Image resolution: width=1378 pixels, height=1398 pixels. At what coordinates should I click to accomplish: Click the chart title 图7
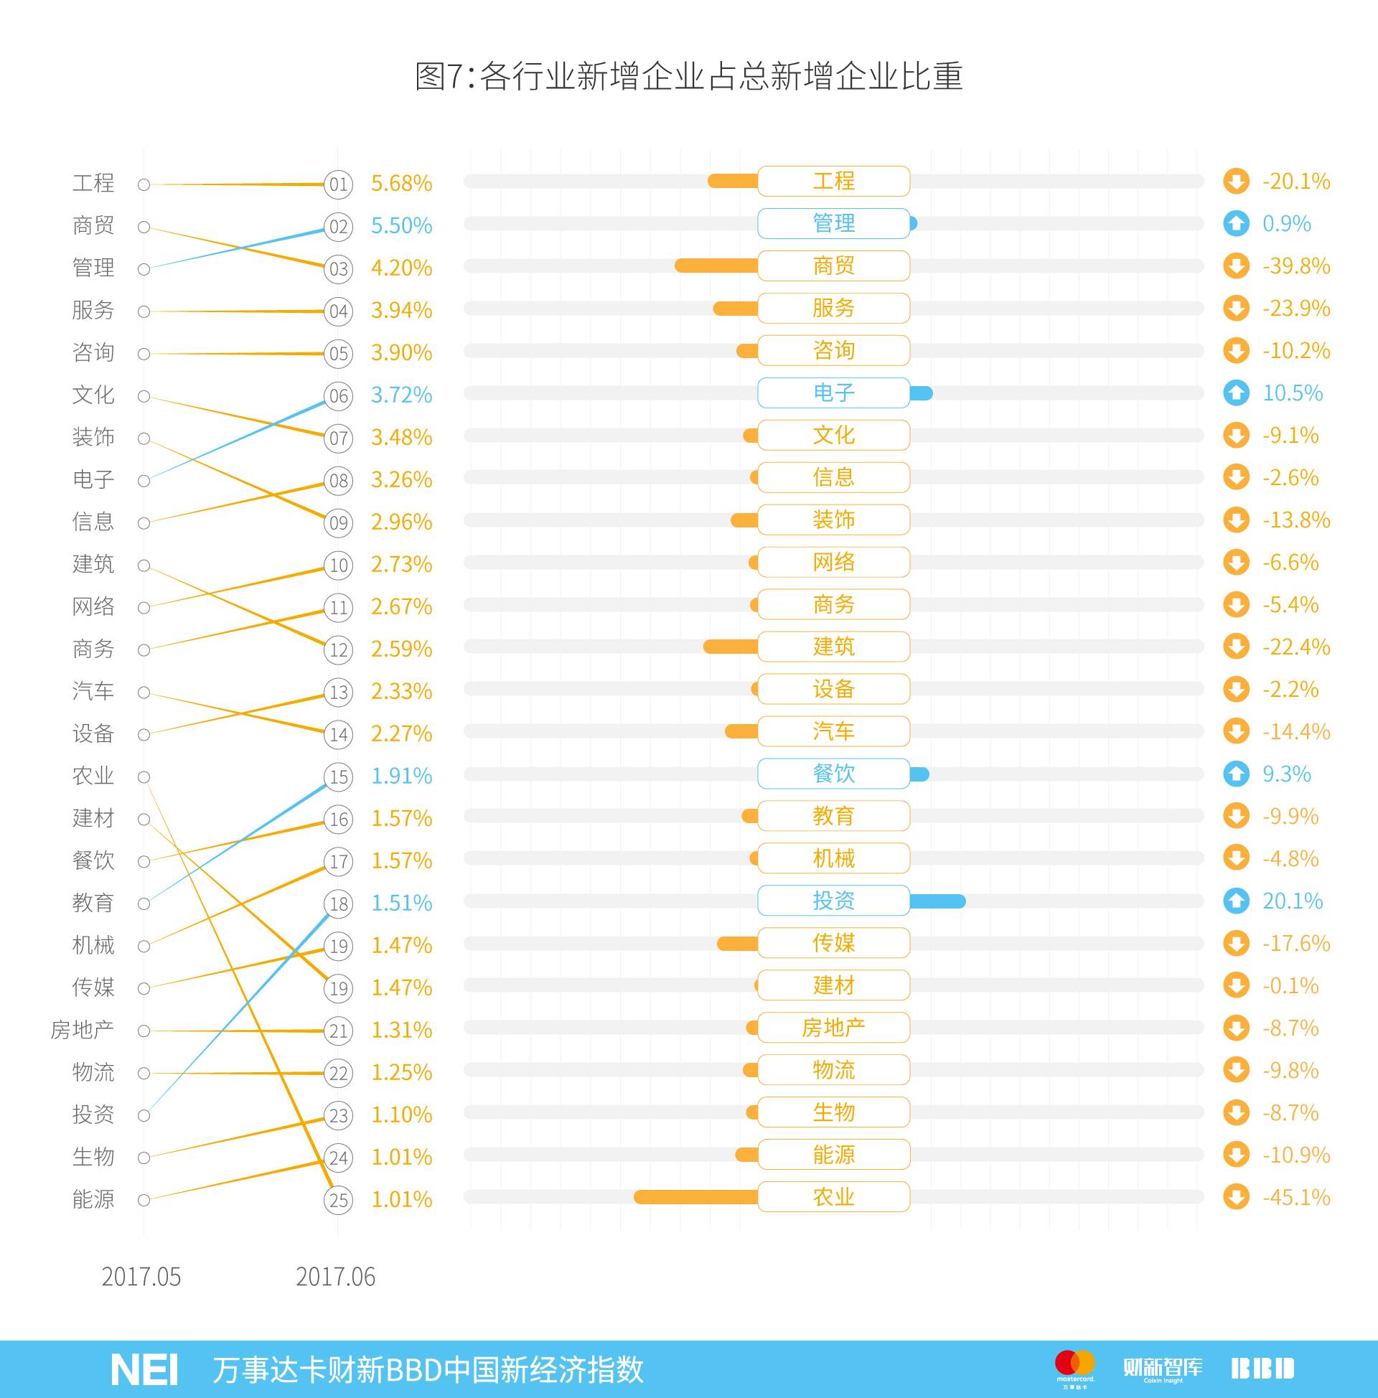tap(688, 76)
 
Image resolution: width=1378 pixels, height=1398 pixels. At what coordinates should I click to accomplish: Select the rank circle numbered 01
tap(338, 184)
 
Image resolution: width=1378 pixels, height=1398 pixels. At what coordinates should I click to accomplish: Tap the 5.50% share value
tap(401, 226)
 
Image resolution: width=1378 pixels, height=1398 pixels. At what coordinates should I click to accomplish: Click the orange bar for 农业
tap(695, 1198)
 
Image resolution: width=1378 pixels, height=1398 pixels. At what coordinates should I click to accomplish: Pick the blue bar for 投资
tap(937, 901)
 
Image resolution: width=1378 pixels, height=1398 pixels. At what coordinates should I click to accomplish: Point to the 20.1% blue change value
tap(1292, 901)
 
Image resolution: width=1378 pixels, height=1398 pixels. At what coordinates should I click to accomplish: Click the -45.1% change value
tap(1295, 1198)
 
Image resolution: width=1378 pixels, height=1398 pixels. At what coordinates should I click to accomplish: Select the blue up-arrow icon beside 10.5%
tap(1236, 393)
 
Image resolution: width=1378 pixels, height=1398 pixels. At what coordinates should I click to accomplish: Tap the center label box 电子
tap(833, 393)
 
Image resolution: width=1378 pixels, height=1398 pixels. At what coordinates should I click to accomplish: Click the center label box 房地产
tap(833, 1028)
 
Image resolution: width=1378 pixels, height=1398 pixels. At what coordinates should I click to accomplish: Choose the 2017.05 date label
tap(141, 1277)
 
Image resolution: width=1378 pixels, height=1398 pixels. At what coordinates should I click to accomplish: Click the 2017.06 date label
tap(336, 1277)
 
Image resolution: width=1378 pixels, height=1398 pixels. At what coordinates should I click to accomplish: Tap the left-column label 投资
tap(93, 1115)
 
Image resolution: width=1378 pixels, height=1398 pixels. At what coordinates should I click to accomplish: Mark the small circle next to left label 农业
tap(144, 777)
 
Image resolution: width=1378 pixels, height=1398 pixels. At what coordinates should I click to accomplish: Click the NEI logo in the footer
tap(144, 1369)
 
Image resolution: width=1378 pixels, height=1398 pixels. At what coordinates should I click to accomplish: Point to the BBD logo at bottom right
tap(1262, 1369)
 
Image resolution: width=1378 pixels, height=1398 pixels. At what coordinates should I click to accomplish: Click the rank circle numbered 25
tap(338, 1201)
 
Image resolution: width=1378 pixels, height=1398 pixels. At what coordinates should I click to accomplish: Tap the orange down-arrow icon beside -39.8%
tap(1236, 266)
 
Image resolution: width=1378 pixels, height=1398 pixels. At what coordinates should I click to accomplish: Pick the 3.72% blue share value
tap(401, 395)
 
